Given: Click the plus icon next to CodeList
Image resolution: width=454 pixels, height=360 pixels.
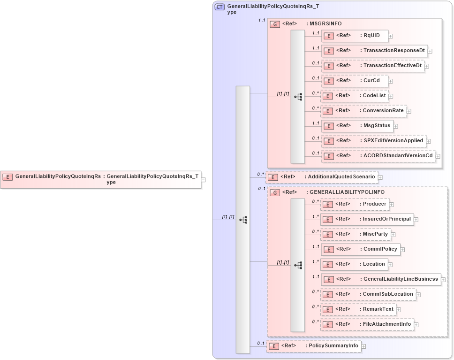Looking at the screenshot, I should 391,96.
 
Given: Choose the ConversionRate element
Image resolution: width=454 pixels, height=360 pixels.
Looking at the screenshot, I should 363,111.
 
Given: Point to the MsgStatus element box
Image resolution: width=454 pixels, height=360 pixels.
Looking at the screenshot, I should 357,126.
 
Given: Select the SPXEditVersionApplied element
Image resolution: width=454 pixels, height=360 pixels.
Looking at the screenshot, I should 373,141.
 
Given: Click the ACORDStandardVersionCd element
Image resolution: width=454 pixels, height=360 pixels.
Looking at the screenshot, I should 378,156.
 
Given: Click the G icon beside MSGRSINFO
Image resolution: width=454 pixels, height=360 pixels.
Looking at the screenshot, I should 276,24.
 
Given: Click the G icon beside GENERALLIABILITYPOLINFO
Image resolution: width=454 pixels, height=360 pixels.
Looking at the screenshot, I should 276,192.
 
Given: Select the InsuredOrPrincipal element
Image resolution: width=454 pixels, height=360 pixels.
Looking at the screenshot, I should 367,219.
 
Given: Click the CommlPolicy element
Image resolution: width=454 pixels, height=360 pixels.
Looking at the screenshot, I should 360,249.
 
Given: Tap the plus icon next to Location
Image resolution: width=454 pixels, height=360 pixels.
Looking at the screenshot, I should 390,265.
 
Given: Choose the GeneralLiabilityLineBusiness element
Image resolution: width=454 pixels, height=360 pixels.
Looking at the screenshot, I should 381,279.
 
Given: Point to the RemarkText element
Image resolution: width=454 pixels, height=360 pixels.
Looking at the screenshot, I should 358,309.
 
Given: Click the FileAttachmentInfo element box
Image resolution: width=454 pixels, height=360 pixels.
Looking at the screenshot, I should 367,324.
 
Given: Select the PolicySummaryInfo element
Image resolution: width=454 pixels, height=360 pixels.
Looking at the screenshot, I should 313,346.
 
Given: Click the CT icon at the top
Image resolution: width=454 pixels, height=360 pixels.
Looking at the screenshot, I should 219,7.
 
